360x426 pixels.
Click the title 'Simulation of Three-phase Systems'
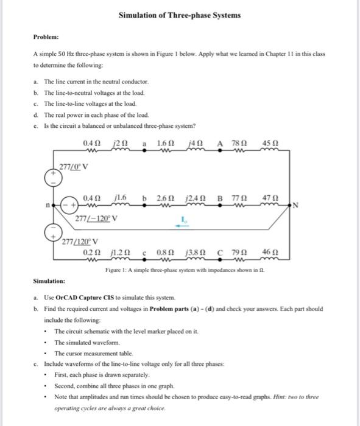point(180,14)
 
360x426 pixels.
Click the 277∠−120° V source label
point(96,217)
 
